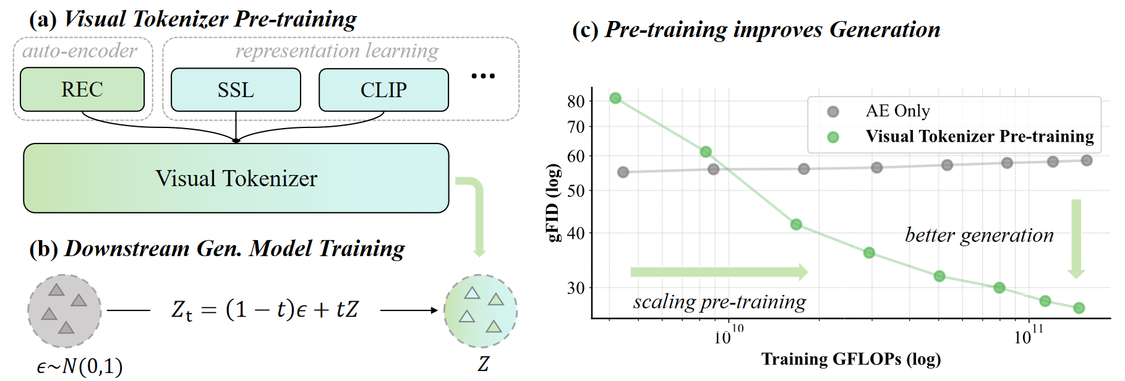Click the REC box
pyautogui.click(x=82, y=90)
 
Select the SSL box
pyautogui.click(x=236, y=90)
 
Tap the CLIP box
pyautogui.click(x=383, y=90)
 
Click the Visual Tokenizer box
pyautogui.click(x=236, y=178)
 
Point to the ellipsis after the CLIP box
pyautogui.click(x=483, y=76)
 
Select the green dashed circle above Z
pyautogui.click(x=481, y=311)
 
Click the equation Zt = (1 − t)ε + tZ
pyautogui.click(x=265, y=309)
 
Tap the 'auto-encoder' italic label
pyautogui.click(x=80, y=51)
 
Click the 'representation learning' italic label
pyautogui.click(x=337, y=51)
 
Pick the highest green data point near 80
pyautogui.click(x=615, y=98)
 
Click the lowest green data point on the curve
pyautogui.click(x=1079, y=308)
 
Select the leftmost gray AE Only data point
pyautogui.click(x=623, y=172)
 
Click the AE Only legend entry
pyautogui.click(x=897, y=111)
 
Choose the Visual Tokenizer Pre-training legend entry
pyautogui.click(x=979, y=137)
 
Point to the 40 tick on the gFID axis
pyautogui.click(x=576, y=233)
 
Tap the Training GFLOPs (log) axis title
pyautogui.click(x=851, y=359)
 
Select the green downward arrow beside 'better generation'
pyautogui.click(x=1076, y=239)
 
